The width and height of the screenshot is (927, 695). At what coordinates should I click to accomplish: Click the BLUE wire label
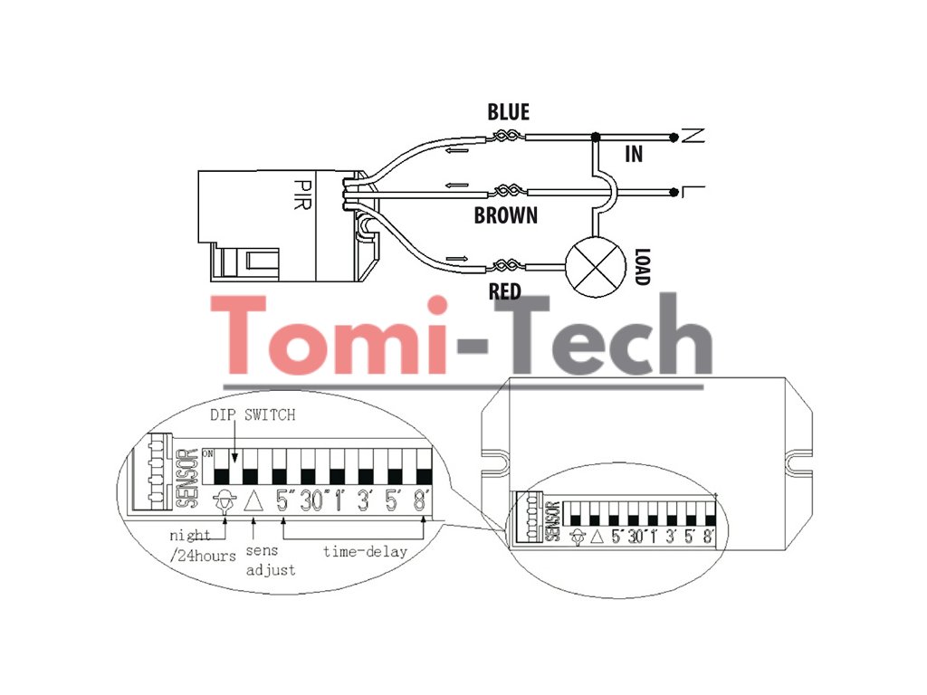pyautogui.click(x=508, y=112)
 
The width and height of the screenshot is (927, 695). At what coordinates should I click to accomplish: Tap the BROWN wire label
pyautogui.click(x=506, y=216)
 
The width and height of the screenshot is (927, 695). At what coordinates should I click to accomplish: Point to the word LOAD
pyautogui.click(x=642, y=267)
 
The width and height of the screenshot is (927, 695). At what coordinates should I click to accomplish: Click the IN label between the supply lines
pyautogui.click(x=634, y=155)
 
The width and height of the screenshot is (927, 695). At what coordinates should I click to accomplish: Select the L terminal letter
pyautogui.click(x=693, y=191)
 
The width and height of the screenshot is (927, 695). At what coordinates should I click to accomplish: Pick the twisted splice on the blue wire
pyautogui.click(x=505, y=138)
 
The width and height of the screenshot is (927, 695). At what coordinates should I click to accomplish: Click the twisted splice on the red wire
pyautogui.click(x=504, y=266)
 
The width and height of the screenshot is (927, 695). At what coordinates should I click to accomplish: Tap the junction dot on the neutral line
pyautogui.click(x=595, y=138)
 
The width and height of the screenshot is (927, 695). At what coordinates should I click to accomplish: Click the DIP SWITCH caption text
pyautogui.click(x=253, y=415)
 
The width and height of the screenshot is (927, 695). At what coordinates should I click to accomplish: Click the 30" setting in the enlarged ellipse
pyautogui.click(x=311, y=500)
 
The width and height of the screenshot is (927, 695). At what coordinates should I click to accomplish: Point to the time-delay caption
pyautogui.click(x=366, y=550)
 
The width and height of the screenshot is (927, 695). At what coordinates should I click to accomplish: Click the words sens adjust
pyautogui.click(x=270, y=560)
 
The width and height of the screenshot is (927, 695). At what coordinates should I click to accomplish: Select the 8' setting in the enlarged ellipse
pyautogui.click(x=420, y=500)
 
